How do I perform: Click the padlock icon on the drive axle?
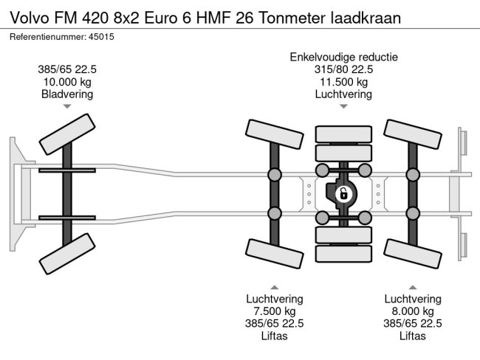343,195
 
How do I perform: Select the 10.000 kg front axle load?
67,82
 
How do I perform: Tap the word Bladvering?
67,94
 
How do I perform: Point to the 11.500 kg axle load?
343,82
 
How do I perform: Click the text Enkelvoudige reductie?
343,57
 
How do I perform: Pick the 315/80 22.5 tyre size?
343,69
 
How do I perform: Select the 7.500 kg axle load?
274,311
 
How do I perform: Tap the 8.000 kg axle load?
412,311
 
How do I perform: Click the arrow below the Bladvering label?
67,107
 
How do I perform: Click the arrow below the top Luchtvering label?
343,107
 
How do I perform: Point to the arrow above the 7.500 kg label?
274,286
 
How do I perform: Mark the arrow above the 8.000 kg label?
412,286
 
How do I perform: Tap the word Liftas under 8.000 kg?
412,336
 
